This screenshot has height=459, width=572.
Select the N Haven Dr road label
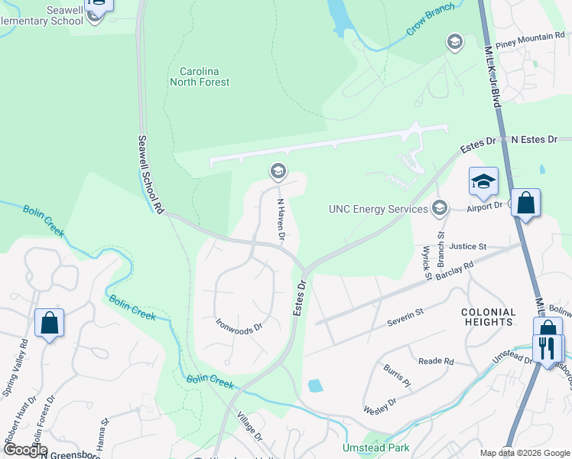(x=281, y=222)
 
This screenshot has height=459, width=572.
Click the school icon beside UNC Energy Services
(x=440, y=208)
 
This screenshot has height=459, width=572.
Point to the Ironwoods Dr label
(x=239, y=325)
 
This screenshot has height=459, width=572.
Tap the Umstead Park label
(x=375, y=448)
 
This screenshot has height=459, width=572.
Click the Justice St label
(x=468, y=246)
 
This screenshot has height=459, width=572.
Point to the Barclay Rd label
(x=457, y=274)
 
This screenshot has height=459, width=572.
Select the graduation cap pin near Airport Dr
(x=483, y=182)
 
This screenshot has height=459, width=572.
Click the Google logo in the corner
(x=24, y=450)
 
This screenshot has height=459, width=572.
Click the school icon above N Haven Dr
(x=278, y=171)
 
